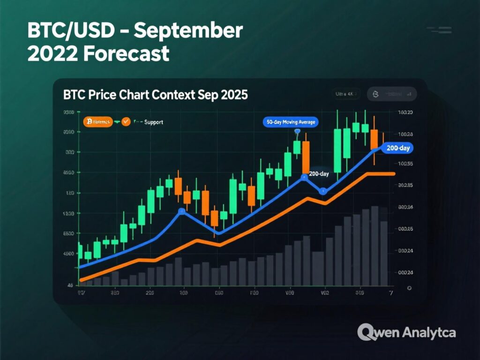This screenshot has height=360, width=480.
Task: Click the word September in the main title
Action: tap(189, 31)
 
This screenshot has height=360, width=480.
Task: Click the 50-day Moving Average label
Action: tap(291, 122)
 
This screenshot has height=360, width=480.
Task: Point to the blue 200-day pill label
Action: tap(397, 148)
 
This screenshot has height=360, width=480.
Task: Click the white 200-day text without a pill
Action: tap(319, 174)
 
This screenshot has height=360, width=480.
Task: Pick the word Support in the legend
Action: tap(154, 122)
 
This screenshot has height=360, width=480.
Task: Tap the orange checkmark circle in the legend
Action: tap(126, 122)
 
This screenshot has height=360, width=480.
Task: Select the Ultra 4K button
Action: tap(345, 94)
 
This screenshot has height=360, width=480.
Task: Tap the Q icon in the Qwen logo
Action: tap(366, 332)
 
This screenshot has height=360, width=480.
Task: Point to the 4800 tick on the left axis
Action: tap(68, 254)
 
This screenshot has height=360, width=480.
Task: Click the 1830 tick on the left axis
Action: tap(68, 213)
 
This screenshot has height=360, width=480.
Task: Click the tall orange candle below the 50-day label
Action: tap(306, 157)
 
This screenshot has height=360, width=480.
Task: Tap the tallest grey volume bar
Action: tap(375, 246)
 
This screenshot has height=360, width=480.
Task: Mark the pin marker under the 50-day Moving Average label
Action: tap(297, 133)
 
